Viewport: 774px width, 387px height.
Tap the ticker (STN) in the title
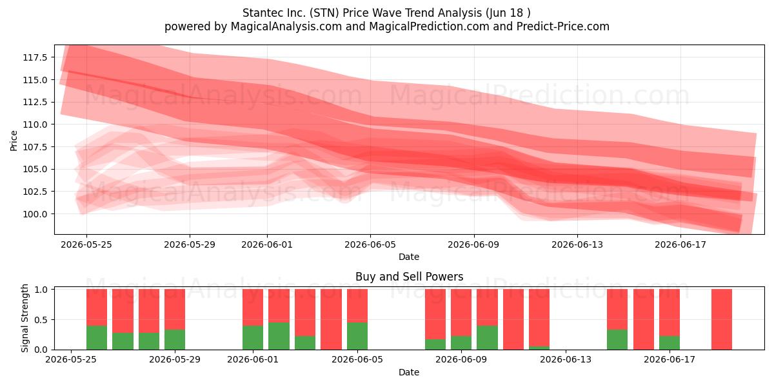tap(324, 13)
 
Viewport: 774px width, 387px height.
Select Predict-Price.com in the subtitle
tap(563, 26)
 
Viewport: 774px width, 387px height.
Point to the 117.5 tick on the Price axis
tap(35, 57)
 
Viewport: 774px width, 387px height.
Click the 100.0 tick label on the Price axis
tap(35, 214)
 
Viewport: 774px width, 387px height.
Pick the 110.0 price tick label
tap(35, 124)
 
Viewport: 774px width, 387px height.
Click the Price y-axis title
tap(14, 141)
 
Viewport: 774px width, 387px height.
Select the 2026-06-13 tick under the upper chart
tap(577, 244)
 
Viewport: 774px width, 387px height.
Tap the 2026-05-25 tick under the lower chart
tap(71, 360)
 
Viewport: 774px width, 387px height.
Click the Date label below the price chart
tap(409, 257)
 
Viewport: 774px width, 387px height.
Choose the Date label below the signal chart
tap(409, 372)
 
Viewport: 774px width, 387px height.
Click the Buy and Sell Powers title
tap(409, 277)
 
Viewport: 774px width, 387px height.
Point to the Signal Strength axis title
tap(25, 318)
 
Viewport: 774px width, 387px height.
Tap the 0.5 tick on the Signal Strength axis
tap(41, 320)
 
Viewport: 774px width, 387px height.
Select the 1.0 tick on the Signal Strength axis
tap(41, 290)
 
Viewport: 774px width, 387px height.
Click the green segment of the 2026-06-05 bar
tap(357, 336)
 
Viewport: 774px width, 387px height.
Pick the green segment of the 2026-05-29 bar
tap(175, 340)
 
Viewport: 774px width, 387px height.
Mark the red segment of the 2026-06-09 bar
tap(461, 312)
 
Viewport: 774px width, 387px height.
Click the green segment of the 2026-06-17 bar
tap(670, 342)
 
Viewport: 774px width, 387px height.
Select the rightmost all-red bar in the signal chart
tap(722, 319)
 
